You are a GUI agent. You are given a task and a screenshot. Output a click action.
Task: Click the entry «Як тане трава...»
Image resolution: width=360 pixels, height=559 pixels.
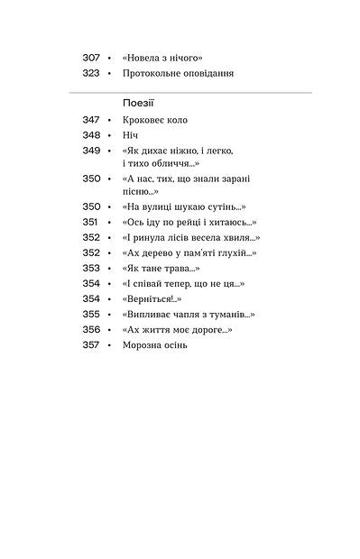pos(160,268)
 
